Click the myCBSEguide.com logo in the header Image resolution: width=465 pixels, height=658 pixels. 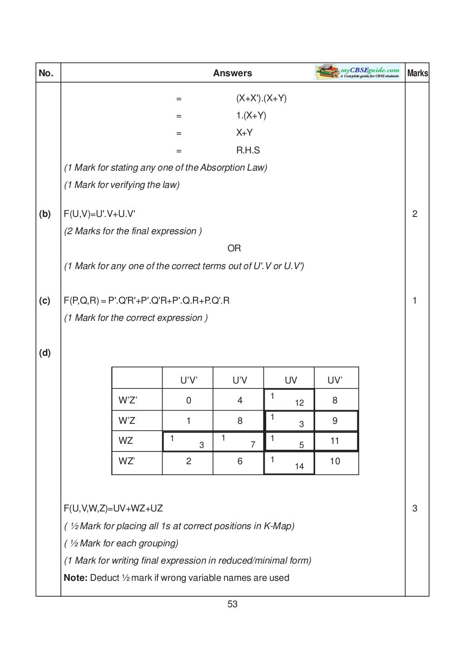tap(358, 73)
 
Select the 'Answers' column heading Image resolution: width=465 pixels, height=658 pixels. tap(232, 73)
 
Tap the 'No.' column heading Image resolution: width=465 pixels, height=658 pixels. tap(46, 73)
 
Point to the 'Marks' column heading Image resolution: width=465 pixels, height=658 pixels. tap(417, 73)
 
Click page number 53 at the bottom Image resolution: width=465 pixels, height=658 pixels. tap(232, 604)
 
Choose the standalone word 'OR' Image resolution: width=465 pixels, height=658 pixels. tap(234, 248)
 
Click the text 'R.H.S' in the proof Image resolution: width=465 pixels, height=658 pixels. tap(248, 150)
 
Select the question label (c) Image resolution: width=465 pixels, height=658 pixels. tap(45, 300)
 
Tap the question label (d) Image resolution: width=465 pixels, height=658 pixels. tap(45, 353)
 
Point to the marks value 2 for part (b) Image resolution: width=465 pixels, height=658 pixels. tap(415, 214)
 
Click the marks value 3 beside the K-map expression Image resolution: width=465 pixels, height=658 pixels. tap(415, 509)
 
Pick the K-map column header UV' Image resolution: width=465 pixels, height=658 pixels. tap(335, 380)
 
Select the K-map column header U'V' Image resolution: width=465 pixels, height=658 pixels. tap(189, 380)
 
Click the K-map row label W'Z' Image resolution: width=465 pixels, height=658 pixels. tap(128, 400)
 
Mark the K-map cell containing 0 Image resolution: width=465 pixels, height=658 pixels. tap(188, 400)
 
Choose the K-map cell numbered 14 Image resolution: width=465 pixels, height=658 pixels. tap(289, 463)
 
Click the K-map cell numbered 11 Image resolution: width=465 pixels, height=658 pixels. tap(335, 441)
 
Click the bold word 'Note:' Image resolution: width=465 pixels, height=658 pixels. tap(75, 578)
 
